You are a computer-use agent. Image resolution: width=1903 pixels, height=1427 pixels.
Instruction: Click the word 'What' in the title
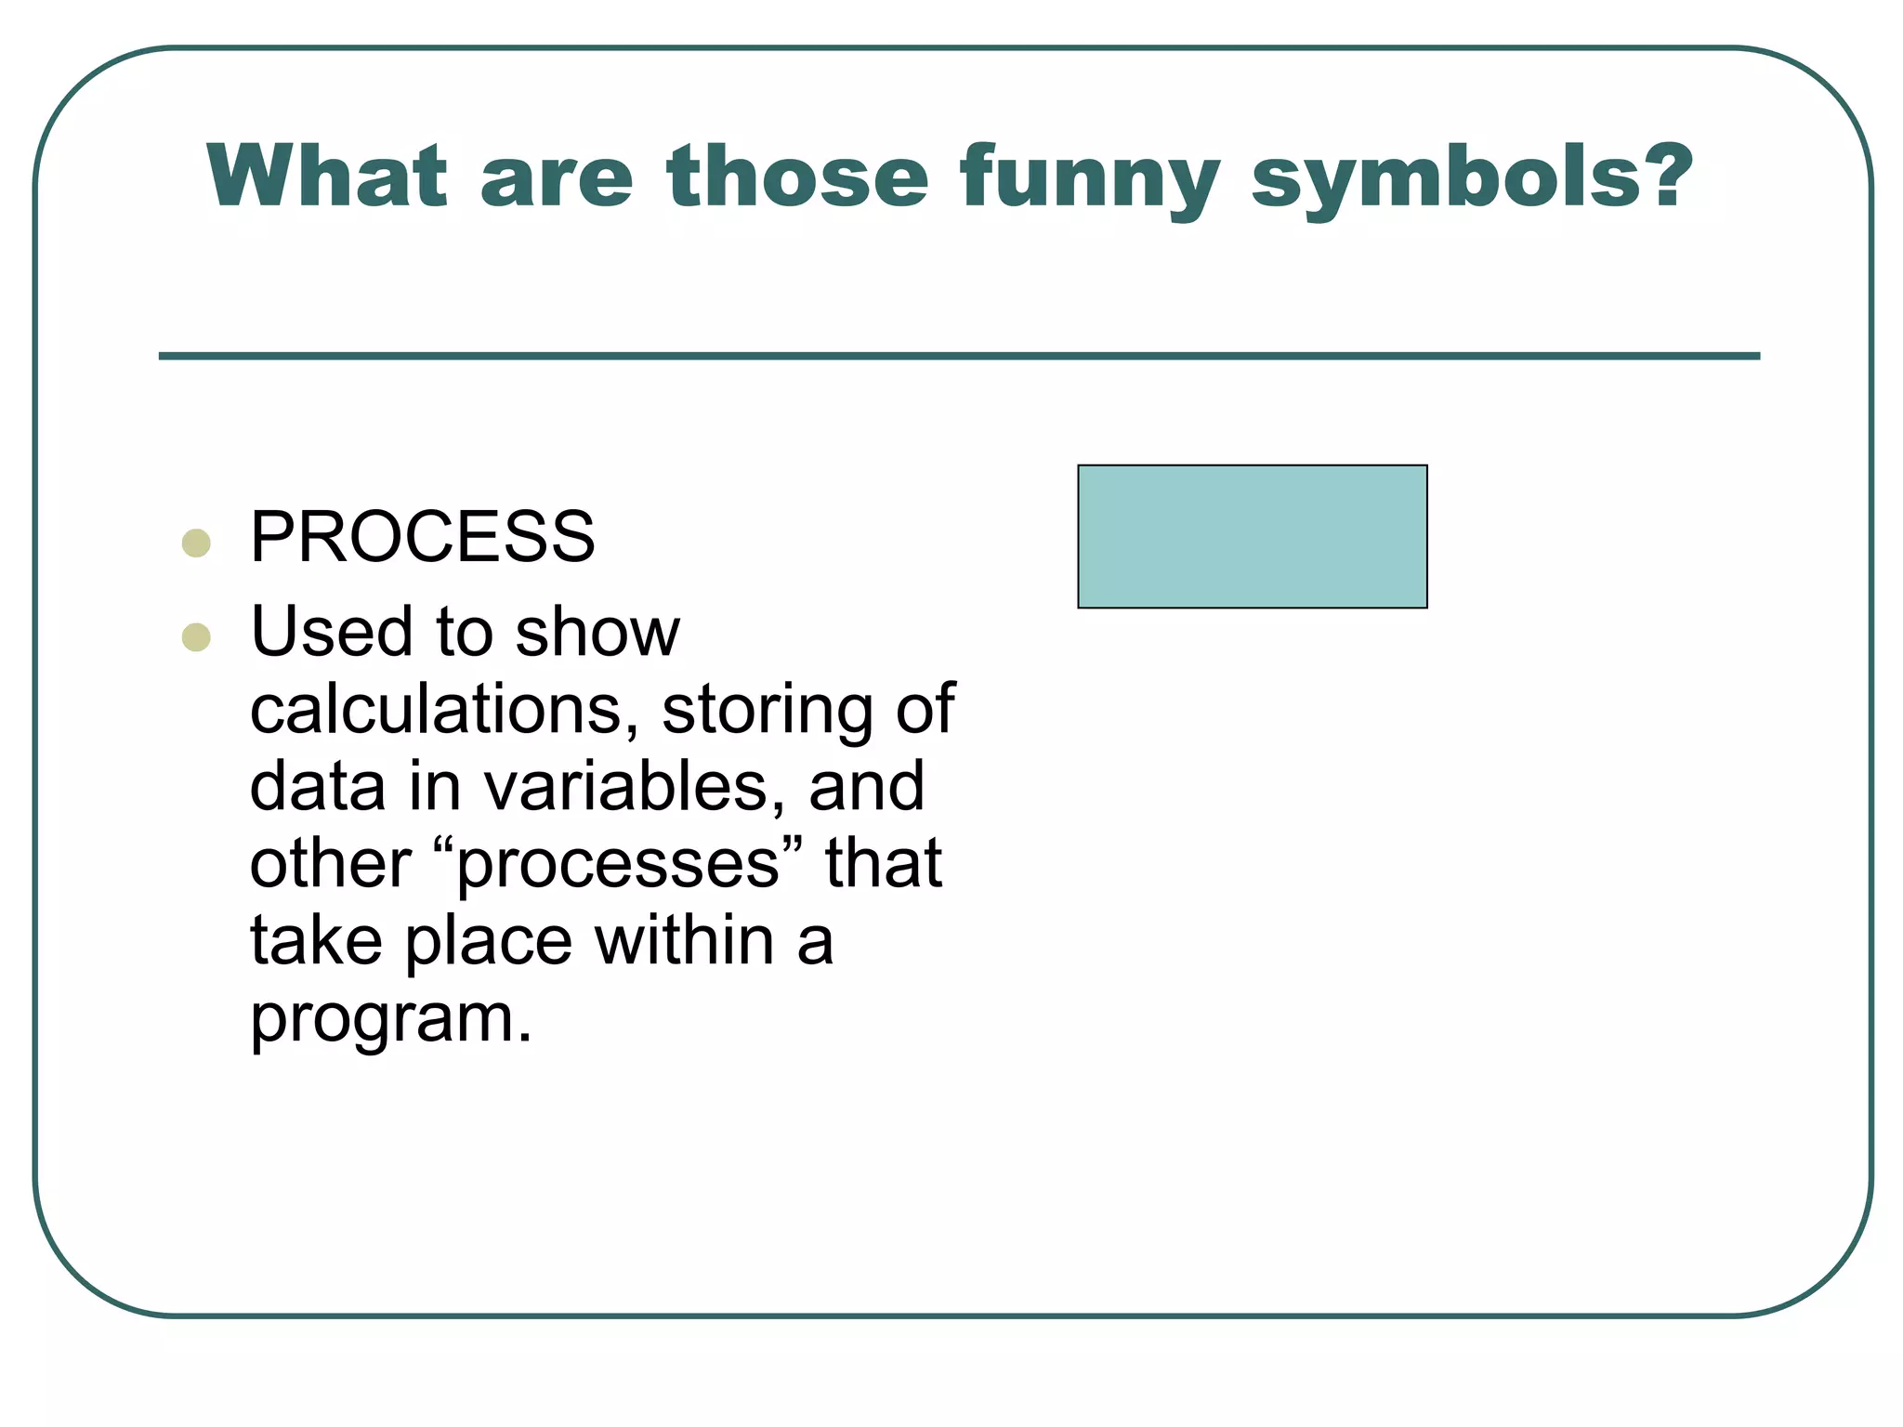point(326,177)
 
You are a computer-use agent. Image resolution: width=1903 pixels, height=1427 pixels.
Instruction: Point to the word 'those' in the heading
point(796,177)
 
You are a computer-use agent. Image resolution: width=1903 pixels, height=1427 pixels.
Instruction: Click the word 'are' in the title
point(556,181)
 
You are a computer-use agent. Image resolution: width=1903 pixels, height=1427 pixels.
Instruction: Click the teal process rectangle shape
point(1252,537)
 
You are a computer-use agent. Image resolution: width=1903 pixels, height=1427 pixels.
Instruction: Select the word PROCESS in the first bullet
point(422,538)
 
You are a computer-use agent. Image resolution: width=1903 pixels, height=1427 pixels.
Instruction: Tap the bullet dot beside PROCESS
point(196,543)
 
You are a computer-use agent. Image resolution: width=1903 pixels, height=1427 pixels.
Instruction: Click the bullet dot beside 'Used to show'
point(196,637)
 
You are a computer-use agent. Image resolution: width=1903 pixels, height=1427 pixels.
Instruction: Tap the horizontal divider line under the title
point(959,356)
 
